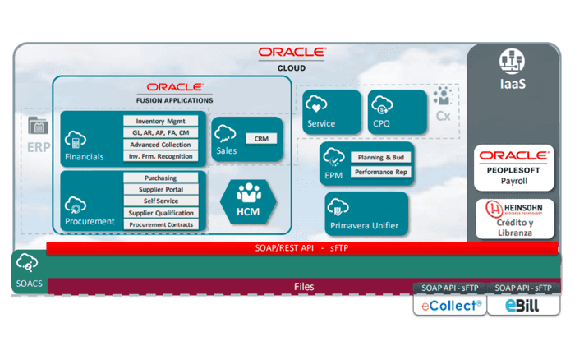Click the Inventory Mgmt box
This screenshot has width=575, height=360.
162,122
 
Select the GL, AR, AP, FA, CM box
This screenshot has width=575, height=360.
162,133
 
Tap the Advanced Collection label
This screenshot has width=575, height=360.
162,145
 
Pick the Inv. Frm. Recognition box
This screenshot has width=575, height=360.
162,156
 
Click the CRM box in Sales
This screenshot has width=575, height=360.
261,139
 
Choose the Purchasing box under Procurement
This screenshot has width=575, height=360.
160,178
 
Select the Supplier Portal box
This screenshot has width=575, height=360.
160,190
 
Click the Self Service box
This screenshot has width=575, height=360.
160,201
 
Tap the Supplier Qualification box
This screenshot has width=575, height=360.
160,213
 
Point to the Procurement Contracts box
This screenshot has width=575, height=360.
160,224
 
